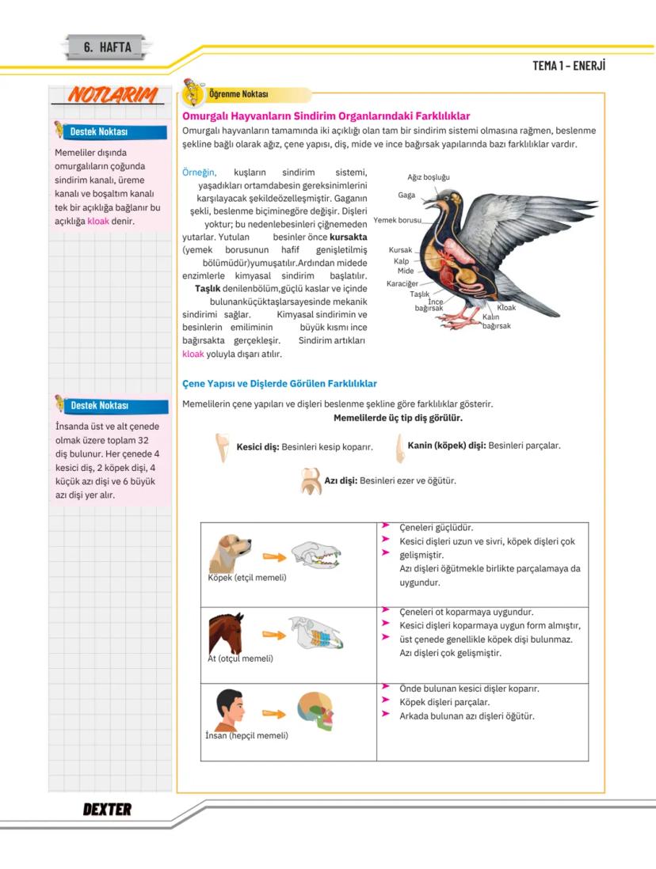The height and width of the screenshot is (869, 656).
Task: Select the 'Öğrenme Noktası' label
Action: (238, 94)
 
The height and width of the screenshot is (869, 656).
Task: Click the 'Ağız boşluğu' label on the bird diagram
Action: (429, 177)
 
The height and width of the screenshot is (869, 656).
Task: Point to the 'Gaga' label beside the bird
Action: (406, 195)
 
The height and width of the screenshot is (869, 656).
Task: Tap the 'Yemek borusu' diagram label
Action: (398, 220)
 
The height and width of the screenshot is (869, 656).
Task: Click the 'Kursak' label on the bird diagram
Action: (400, 250)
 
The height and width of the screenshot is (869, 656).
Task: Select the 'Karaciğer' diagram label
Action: (402, 283)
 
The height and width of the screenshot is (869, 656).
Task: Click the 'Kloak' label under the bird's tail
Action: (506, 308)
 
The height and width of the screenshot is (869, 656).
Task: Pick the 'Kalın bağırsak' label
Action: (496, 321)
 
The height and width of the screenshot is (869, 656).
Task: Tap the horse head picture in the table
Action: (226, 632)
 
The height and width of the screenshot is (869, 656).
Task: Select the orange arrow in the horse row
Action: (273, 635)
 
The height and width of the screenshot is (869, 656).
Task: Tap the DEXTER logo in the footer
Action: (107, 809)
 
